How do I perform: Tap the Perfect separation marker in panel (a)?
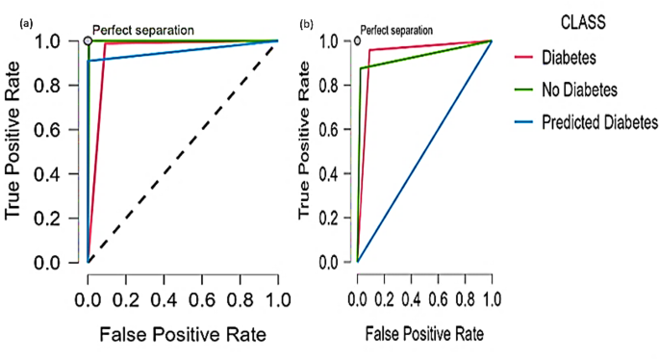click(88, 40)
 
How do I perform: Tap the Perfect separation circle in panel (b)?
click(358, 40)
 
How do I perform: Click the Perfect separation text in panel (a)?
click(143, 30)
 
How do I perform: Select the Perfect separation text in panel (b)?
click(395, 30)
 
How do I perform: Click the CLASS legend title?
click(583, 18)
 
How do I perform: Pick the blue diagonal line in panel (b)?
click(424, 151)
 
